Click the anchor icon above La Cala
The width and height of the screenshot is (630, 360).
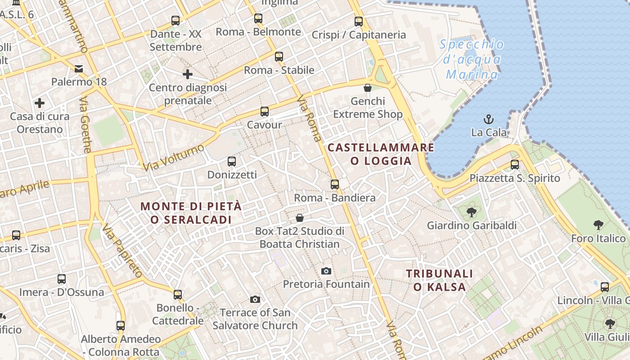489,119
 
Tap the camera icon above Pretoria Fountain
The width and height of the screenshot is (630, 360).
326,271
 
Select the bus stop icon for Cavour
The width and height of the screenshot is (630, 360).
265,111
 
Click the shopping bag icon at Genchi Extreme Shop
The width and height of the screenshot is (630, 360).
368,87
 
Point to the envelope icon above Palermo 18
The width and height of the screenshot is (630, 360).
79,68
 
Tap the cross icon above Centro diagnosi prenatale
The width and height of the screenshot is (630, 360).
188,74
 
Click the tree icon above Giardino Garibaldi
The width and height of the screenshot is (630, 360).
472,211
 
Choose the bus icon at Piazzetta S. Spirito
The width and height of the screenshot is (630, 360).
515,165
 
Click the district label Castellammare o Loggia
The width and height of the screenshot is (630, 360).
381,154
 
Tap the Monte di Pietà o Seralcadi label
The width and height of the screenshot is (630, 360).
191,213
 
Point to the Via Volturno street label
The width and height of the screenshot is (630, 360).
174,157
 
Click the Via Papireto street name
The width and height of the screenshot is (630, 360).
122,251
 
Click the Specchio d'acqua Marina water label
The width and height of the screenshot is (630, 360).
472,59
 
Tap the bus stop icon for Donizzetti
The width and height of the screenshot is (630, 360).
232,161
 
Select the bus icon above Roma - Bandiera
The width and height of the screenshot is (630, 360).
335,184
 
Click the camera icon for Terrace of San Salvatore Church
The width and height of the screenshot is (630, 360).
255,299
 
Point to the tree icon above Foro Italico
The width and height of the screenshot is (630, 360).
598,225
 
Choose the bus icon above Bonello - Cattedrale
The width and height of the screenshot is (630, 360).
178,295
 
